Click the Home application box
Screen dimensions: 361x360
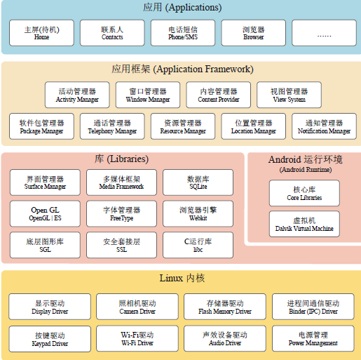[x=41, y=33]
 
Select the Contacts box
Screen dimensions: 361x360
[x=112, y=33]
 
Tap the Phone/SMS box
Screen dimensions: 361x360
[x=183, y=33]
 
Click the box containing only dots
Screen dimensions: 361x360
[x=324, y=33]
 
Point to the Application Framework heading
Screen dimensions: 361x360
[x=182, y=69]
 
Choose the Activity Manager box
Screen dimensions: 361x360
[x=77, y=95]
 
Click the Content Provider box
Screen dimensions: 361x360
[x=219, y=95]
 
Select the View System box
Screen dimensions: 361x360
[x=289, y=95]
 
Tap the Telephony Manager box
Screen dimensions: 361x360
[x=112, y=126]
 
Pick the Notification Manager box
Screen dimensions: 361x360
[x=324, y=126]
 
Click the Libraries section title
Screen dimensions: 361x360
[x=121, y=159]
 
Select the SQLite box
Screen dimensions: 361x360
[x=198, y=182]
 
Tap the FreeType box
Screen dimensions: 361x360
[x=121, y=213]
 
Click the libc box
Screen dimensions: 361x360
[x=198, y=245]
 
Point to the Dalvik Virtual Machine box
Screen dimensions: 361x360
[x=304, y=224]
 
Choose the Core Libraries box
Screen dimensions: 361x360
[x=304, y=193]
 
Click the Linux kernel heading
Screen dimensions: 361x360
[x=182, y=278]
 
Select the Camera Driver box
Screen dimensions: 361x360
[x=137, y=307]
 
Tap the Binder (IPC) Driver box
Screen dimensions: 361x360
[x=313, y=307]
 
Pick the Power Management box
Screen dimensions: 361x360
[x=313, y=338]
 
